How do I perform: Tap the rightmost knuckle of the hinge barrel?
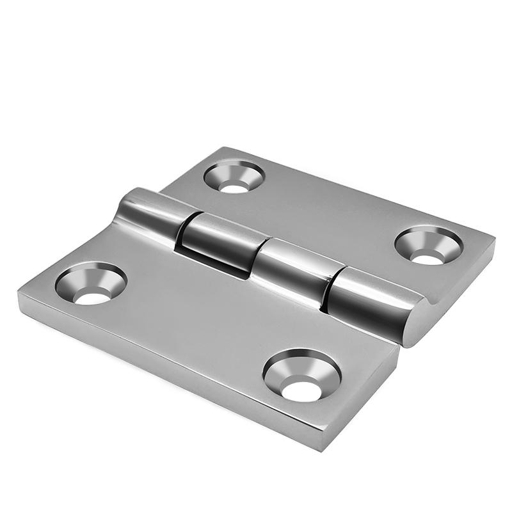coord(371,301)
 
